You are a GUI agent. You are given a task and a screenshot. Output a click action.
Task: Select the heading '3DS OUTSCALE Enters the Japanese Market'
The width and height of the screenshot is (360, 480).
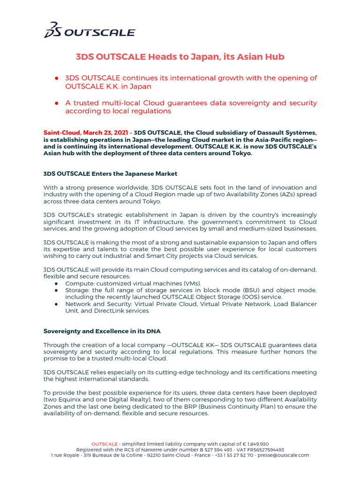tap(110, 173)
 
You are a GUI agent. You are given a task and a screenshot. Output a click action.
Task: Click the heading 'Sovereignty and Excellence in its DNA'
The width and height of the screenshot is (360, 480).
tap(102, 331)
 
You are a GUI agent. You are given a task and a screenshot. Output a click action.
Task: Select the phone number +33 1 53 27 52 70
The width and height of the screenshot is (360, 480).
tap(229, 455)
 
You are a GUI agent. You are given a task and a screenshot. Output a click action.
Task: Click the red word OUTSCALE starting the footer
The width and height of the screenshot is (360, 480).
tap(104, 444)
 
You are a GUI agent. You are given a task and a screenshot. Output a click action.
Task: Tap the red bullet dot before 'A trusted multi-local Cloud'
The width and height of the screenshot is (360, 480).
tap(56, 103)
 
